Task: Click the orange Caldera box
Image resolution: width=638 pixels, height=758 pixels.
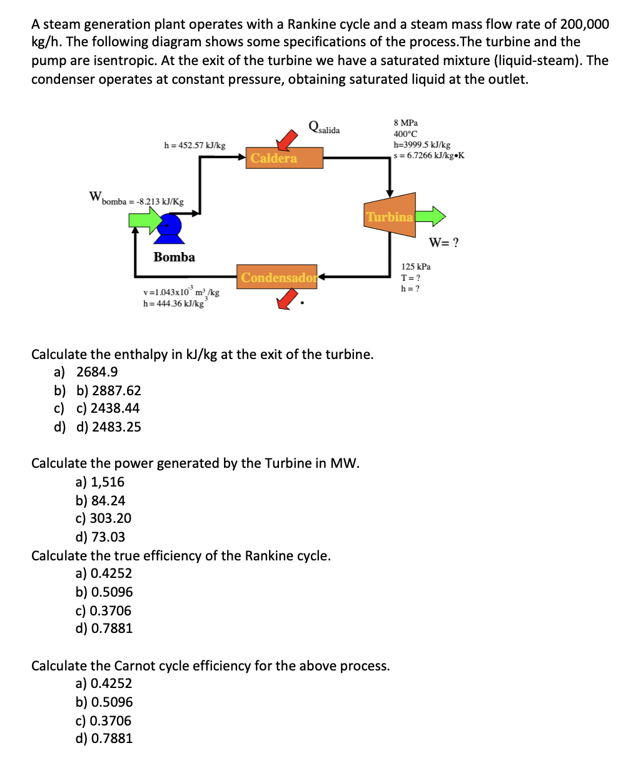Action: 285,158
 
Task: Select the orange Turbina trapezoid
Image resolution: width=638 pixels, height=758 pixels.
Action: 390,217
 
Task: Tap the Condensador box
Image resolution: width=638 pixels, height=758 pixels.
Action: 278,278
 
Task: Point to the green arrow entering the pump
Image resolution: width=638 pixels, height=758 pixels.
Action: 145,220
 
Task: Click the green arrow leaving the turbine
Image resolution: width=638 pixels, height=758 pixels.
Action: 430,217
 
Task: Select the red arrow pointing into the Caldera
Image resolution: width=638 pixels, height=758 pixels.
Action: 288,139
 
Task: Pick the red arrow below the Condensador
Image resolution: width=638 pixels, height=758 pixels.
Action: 286,301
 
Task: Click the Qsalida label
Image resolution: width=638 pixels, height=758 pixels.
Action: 324,128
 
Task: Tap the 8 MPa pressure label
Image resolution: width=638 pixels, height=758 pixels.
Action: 405,123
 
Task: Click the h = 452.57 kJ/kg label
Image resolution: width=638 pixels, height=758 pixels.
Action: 195,145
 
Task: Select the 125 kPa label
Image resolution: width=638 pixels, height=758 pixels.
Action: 416,266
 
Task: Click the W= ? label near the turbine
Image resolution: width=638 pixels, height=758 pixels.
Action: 443,243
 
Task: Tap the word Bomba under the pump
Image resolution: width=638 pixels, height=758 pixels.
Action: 174,257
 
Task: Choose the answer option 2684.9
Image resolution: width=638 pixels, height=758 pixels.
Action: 97,372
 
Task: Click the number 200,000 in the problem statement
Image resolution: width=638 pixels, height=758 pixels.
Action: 584,24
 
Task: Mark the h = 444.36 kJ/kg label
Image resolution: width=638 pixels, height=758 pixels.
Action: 173,304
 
